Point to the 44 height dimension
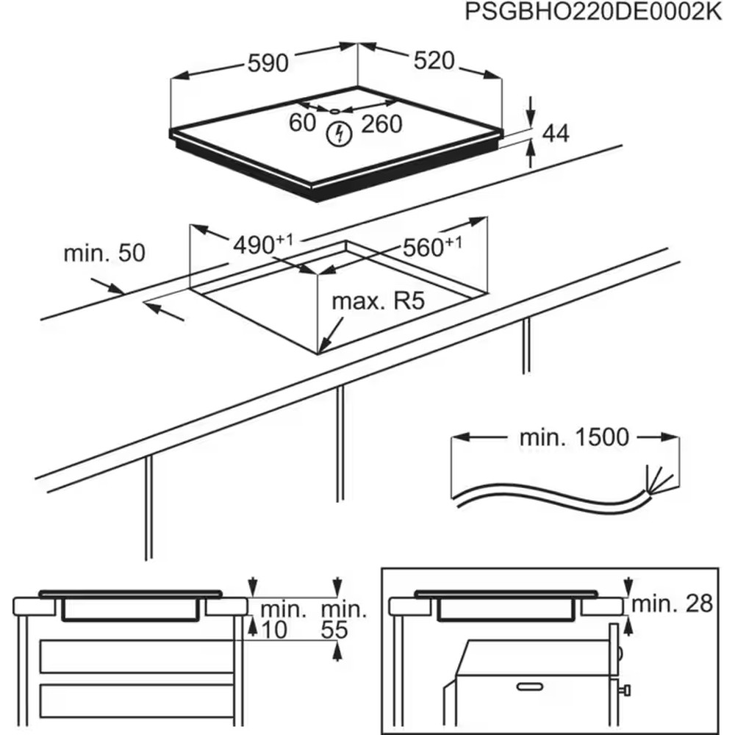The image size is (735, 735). [556, 133]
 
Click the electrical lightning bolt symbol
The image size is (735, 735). [339, 133]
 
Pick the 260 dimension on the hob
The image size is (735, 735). [381, 123]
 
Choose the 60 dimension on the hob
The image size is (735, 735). [302, 123]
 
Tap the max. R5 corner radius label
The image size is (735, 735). [379, 301]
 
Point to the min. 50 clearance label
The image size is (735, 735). [104, 254]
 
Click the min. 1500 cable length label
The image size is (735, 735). [575, 437]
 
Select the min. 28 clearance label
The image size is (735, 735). [672, 603]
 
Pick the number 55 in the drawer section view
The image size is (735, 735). [335, 629]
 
